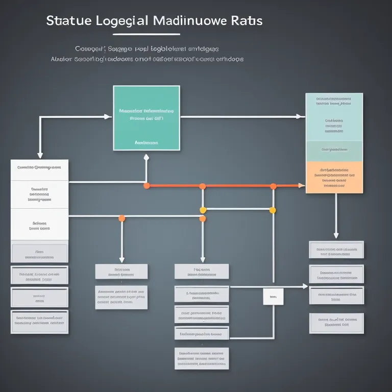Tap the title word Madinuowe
point(192,21)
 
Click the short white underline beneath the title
point(146,35)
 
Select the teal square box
point(146,118)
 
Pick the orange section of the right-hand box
point(334,177)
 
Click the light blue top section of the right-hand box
point(334,117)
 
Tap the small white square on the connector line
point(273,296)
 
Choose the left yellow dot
point(203,210)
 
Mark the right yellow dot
point(273,210)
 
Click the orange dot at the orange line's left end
point(146,186)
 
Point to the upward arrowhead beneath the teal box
point(146,157)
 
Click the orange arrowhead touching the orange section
point(302,186)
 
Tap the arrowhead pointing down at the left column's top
point(40,155)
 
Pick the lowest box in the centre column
point(202,358)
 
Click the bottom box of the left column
point(39,322)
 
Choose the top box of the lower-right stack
point(336,250)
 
